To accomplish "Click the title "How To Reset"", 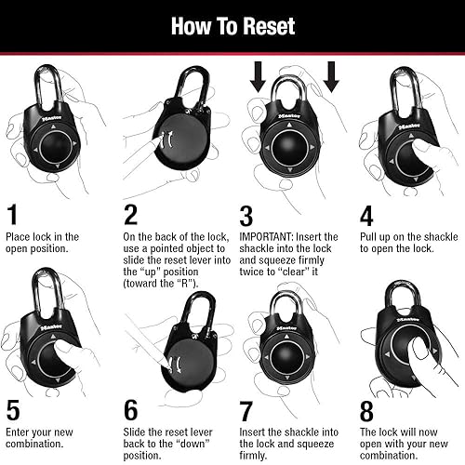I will click(232, 26).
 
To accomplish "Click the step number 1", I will click(12, 216).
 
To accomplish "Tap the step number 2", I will click(131, 216).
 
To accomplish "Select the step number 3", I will click(246, 216).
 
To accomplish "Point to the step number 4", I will click(366, 216).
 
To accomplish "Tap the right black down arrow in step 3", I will click(331, 78).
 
